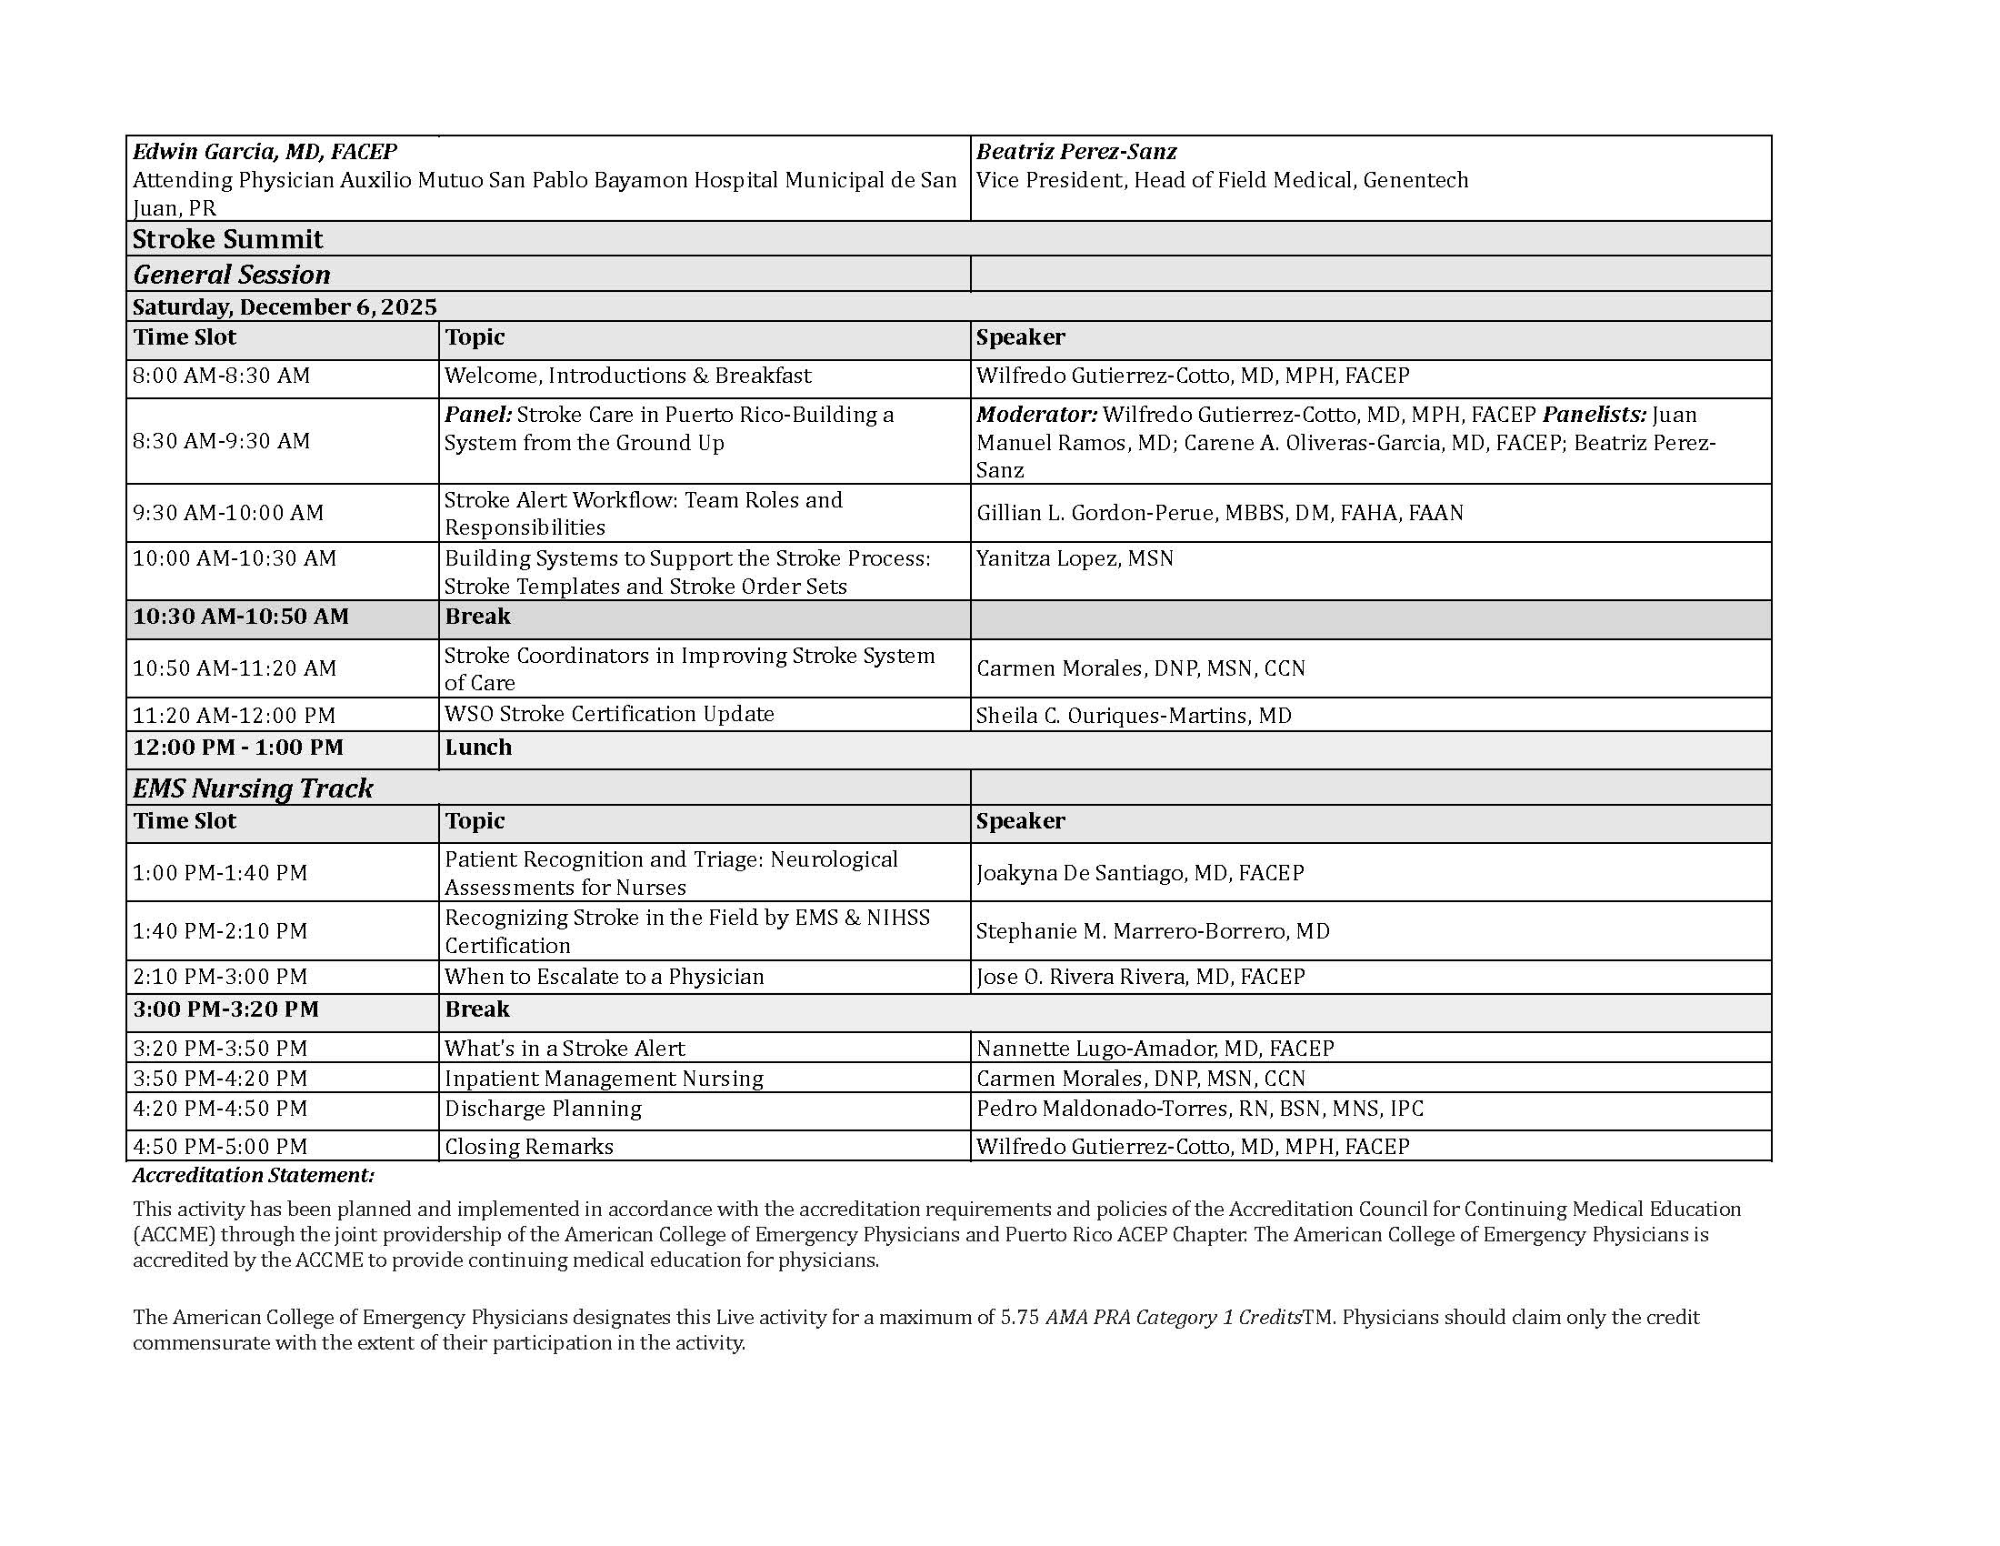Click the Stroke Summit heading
227,239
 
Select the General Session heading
232,275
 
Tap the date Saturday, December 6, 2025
285,306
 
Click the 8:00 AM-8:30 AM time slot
222,376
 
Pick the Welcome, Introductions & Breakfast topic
627,376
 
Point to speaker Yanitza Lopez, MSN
1075,558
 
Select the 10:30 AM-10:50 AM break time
241,617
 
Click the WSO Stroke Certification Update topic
609,715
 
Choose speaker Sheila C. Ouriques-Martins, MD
1134,716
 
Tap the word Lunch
478,748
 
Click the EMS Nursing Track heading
253,788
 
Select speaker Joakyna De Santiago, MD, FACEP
1140,873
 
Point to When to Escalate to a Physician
604,978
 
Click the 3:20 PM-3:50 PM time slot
220,1049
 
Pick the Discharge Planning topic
543,1109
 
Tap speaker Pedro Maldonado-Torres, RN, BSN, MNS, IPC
1200,1109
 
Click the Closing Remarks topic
528,1147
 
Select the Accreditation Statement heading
254,1175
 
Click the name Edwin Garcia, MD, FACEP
265,152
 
